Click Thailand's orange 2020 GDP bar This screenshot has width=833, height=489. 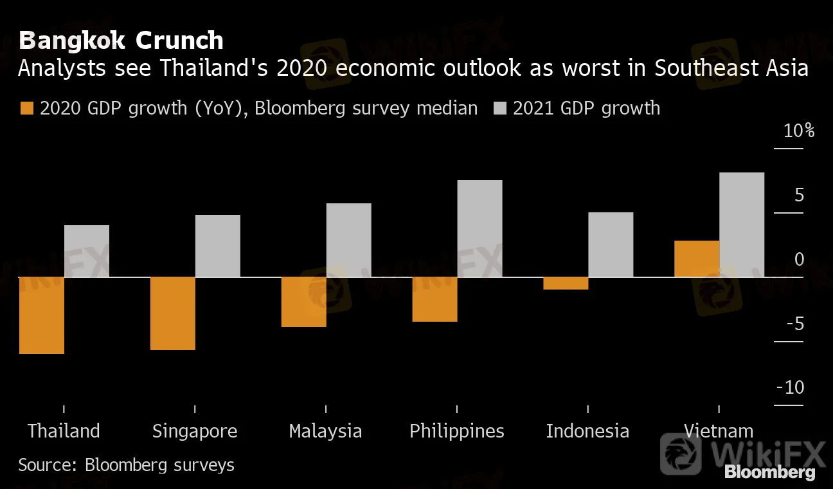click(42, 315)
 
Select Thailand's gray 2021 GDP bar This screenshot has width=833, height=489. click(87, 251)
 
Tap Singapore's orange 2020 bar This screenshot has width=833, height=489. click(173, 313)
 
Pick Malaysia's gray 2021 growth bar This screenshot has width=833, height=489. click(348, 240)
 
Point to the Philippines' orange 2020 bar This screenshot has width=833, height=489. click(435, 299)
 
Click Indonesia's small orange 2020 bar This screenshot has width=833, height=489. click(566, 284)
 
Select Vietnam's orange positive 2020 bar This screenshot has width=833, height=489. click(697, 259)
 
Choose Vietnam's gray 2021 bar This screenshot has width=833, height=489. click(742, 225)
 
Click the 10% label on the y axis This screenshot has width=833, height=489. click(799, 131)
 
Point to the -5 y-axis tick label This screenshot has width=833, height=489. click(794, 324)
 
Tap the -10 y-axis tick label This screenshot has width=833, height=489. click(791, 387)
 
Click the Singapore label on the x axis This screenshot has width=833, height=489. click(195, 431)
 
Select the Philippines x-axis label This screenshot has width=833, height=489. click(457, 431)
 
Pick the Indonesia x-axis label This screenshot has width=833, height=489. click(587, 431)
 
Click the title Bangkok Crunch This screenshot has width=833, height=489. click(121, 41)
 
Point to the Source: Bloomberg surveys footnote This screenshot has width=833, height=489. click(126, 465)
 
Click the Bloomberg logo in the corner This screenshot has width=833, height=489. click(769, 472)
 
